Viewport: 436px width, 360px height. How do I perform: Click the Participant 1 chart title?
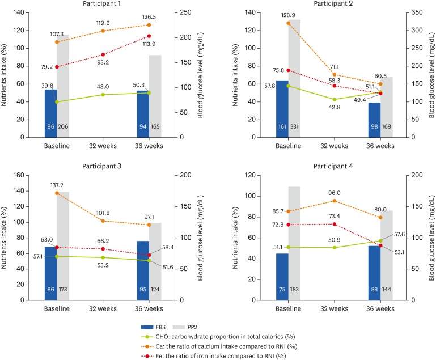103,5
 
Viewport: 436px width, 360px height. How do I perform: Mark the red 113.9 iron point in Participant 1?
149,36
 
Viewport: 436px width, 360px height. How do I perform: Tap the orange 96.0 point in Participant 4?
335,201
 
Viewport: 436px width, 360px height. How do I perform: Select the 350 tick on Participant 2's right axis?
417,12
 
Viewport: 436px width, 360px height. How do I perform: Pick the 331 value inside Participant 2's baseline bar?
295,126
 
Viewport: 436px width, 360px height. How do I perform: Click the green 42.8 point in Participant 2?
335,99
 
